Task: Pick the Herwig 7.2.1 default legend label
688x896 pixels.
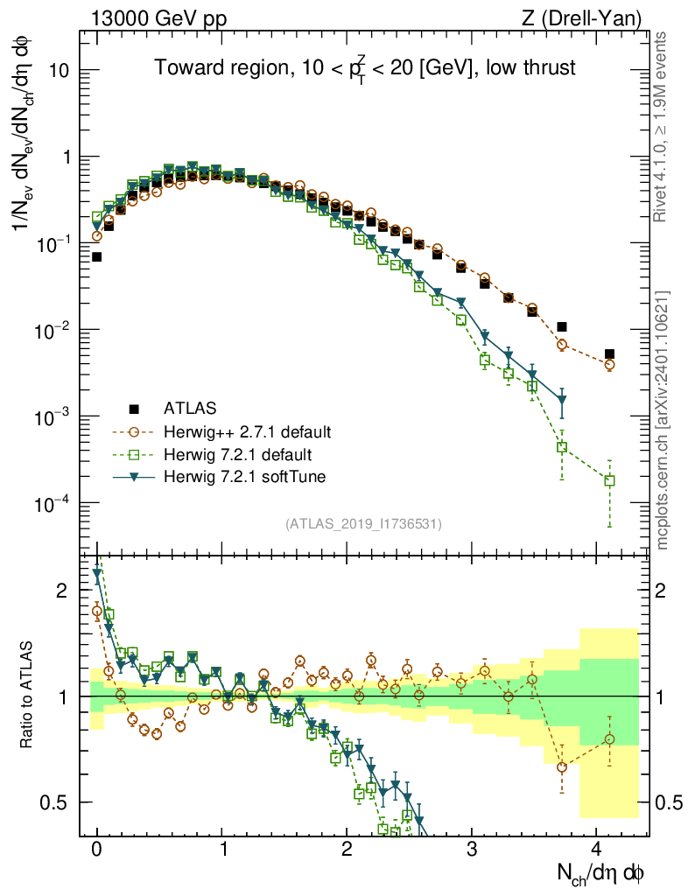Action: [238, 454]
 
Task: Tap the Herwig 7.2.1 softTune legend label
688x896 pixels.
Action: [242, 477]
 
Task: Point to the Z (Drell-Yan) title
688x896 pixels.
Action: [586, 18]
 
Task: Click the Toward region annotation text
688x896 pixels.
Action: [365, 69]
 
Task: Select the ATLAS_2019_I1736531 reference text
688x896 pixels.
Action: [363, 524]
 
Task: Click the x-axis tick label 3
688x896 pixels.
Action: [472, 849]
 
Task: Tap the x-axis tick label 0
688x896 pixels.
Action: [96, 849]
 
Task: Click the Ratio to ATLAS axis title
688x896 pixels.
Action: [29, 696]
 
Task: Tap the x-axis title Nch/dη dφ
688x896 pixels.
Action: [602, 873]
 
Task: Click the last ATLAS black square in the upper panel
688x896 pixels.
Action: [609, 354]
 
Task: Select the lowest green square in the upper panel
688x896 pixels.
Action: [609, 480]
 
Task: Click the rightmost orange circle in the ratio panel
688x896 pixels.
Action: [609, 739]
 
